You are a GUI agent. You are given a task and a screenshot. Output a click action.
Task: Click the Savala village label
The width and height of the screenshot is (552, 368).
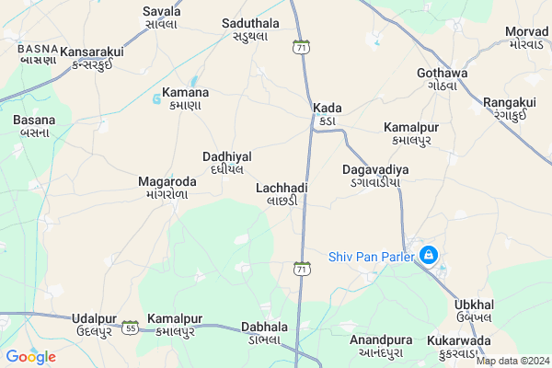(x=162, y=17)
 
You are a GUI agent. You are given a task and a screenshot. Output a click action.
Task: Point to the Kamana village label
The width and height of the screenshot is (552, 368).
(x=185, y=98)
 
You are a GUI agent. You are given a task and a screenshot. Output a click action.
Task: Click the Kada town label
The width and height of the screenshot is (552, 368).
(x=327, y=114)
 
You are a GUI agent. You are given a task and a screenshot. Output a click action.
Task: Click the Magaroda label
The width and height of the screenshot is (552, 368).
(x=167, y=187)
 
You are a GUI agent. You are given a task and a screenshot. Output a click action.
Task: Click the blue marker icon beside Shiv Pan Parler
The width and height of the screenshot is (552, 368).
(x=428, y=255)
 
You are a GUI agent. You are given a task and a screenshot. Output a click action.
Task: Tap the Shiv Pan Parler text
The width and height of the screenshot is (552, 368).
(x=370, y=257)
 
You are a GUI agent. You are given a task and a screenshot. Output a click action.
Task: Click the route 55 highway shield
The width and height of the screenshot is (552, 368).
(x=131, y=328)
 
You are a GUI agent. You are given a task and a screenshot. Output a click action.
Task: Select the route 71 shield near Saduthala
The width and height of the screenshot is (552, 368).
(x=302, y=47)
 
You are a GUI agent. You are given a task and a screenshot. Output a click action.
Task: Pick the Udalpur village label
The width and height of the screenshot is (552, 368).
(x=97, y=324)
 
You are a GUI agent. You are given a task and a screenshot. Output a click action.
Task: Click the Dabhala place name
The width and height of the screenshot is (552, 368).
(x=264, y=332)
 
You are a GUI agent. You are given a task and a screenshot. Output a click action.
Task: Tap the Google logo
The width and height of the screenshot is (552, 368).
(x=30, y=357)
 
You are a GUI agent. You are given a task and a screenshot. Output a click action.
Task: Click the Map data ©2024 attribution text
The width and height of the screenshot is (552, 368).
(x=512, y=362)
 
